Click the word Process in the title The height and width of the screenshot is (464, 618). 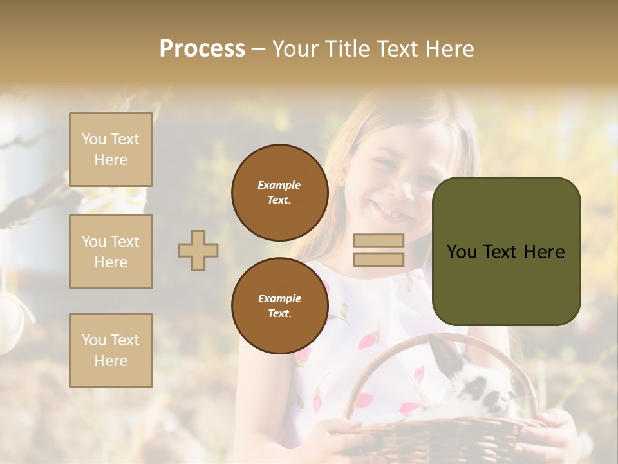[x=202, y=48]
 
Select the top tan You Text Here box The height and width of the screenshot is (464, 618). [x=111, y=150]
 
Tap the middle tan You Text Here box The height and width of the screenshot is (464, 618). [x=111, y=251]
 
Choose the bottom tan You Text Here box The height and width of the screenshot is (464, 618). [x=111, y=351]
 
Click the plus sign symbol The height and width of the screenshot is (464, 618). [x=198, y=250]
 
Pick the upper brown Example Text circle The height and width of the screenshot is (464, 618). [x=280, y=193]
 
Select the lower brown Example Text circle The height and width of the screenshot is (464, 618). [x=280, y=306]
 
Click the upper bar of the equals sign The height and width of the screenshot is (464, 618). [x=379, y=240]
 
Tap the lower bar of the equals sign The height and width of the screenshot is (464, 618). [x=379, y=259]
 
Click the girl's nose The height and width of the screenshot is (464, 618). [x=403, y=187]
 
